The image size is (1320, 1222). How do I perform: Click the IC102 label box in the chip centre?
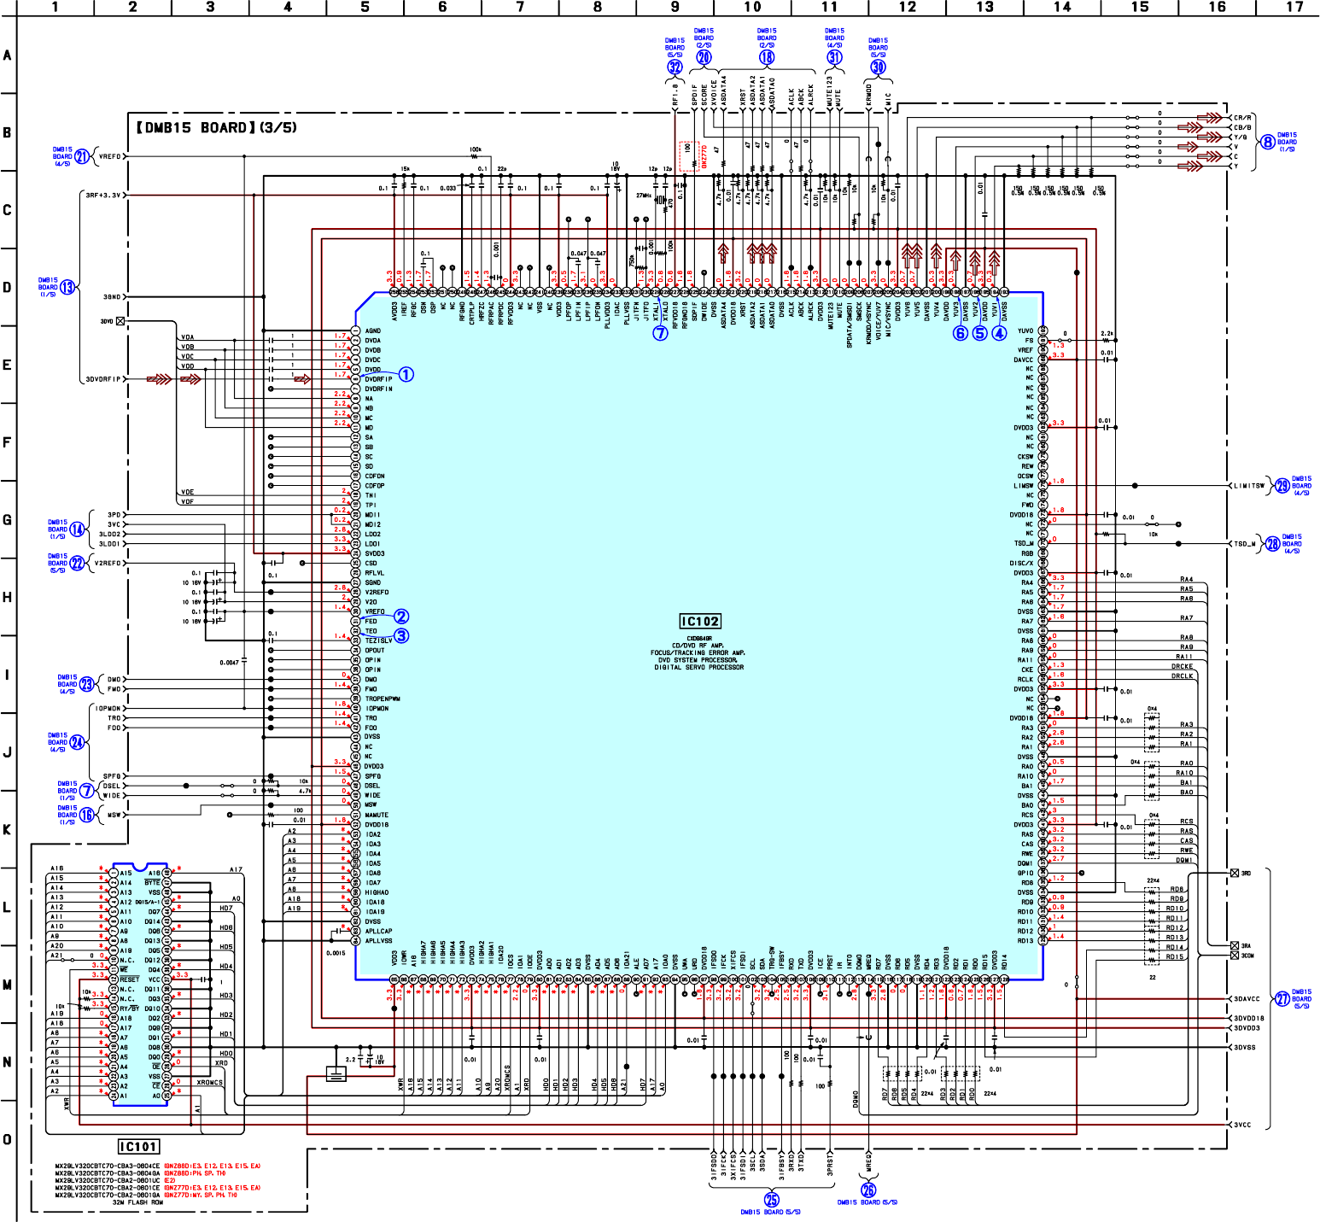700,622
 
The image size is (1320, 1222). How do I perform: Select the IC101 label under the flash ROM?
138,1147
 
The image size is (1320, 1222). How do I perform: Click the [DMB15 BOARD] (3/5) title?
217,128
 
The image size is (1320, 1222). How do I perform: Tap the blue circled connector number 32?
675,67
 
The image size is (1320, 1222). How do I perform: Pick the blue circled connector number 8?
1268,143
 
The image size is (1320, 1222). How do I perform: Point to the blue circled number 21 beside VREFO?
82,156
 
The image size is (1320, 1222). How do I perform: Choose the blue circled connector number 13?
67,287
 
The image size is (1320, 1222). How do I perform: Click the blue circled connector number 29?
1282,485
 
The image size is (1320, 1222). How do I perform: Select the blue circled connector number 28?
1273,544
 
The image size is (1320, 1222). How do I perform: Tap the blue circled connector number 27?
1282,998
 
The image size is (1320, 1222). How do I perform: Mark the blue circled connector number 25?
772,1200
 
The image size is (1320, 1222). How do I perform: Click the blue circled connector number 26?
868,1190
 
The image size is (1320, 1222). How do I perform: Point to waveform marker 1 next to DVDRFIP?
406,375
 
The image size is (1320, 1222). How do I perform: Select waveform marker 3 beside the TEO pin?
401,635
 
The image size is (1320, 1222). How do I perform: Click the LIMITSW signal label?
1248,486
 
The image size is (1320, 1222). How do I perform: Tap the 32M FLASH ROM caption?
137,1202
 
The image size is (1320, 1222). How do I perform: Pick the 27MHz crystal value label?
644,196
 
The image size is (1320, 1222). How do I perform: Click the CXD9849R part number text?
699,638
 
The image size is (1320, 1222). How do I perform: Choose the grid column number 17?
1294,7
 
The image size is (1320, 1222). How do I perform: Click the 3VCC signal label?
1242,1125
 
